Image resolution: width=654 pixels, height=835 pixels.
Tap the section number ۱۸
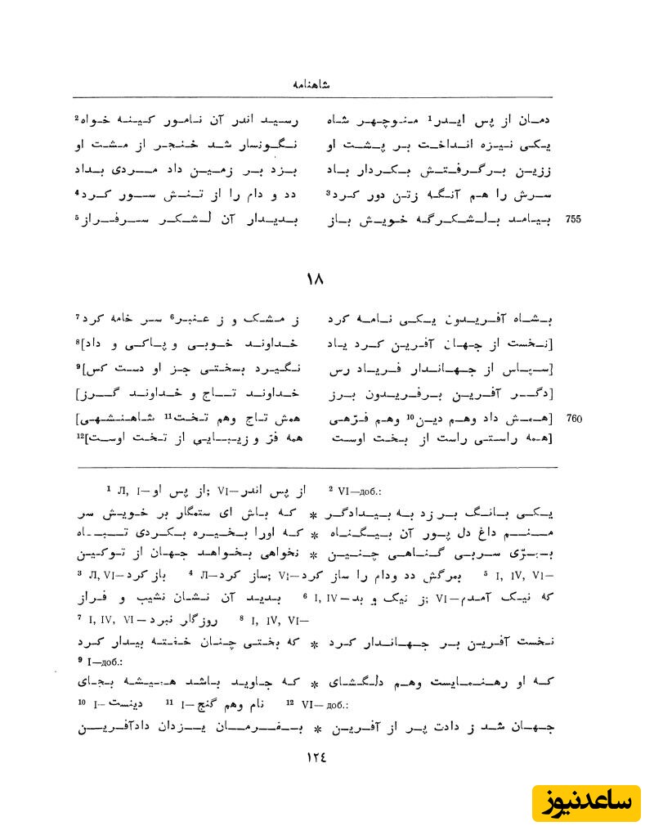coord(315,279)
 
